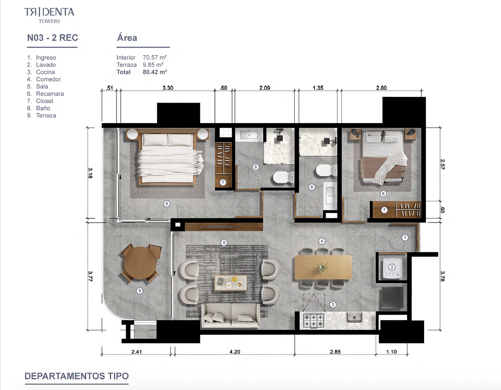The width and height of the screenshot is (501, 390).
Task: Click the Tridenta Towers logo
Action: (49, 15)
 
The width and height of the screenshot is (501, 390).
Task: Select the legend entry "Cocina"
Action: (46, 72)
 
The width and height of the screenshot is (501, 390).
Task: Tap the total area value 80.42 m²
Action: (155, 72)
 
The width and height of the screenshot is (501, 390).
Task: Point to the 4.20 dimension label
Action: (235, 352)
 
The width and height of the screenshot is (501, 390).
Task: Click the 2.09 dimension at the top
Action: (265, 88)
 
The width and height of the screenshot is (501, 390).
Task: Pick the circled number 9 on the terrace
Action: (139, 291)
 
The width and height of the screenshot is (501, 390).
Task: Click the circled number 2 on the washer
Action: (392, 267)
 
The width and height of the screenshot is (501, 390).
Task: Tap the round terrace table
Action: (140, 263)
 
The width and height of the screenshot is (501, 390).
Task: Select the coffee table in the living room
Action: (231, 283)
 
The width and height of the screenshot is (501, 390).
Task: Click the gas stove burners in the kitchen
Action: (314, 320)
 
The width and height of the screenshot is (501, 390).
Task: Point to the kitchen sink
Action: (354, 318)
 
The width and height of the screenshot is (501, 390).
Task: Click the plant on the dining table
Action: (322, 267)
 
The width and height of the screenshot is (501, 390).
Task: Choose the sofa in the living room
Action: (231, 315)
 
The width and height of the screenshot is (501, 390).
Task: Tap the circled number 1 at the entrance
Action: (405, 238)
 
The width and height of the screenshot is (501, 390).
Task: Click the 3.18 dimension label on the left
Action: (90, 173)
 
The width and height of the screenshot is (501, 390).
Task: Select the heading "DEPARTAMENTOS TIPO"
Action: (76, 376)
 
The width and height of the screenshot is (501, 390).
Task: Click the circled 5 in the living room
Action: (224, 243)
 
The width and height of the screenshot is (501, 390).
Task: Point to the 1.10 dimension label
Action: (391, 352)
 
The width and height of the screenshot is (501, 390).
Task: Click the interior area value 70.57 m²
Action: (155, 57)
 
